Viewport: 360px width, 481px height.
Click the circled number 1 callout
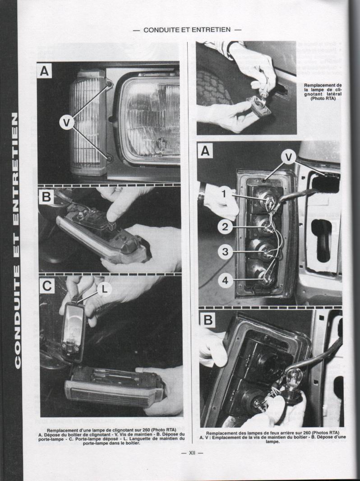pyautogui.click(x=224, y=194)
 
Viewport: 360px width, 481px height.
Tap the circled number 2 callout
pyautogui.click(x=225, y=227)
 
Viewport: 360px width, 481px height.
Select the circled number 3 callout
pyautogui.click(x=225, y=252)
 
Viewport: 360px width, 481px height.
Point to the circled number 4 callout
pyautogui.click(x=226, y=280)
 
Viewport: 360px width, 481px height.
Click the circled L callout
pyautogui.click(x=104, y=290)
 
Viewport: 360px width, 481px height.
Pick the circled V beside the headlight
pyautogui.click(x=67, y=123)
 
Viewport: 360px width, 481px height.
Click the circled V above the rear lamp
pyautogui.click(x=288, y=157)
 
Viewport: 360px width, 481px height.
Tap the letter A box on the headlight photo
pyautogui.click(x=45, y=71)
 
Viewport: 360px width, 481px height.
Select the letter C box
pyautogui.click(x=47, y=286)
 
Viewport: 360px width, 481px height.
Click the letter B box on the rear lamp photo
pyautogui.click(x=207, y=320)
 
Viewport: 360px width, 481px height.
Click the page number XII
pyautogui.click(x=192, y=453)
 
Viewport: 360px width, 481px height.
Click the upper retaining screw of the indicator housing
pyautogui.click(x=109, y=84)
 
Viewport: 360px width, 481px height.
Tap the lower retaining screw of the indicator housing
pyautogui.click(x=109, y=158)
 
